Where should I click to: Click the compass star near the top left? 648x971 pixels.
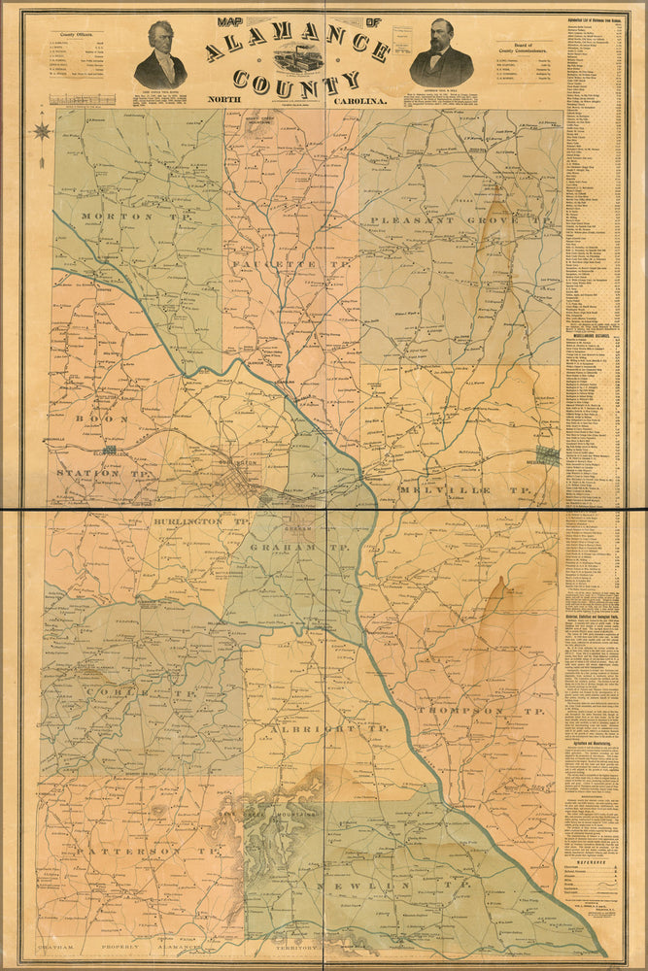[x=42, y=128]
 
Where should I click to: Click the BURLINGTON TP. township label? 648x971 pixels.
[x=201, y=521]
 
